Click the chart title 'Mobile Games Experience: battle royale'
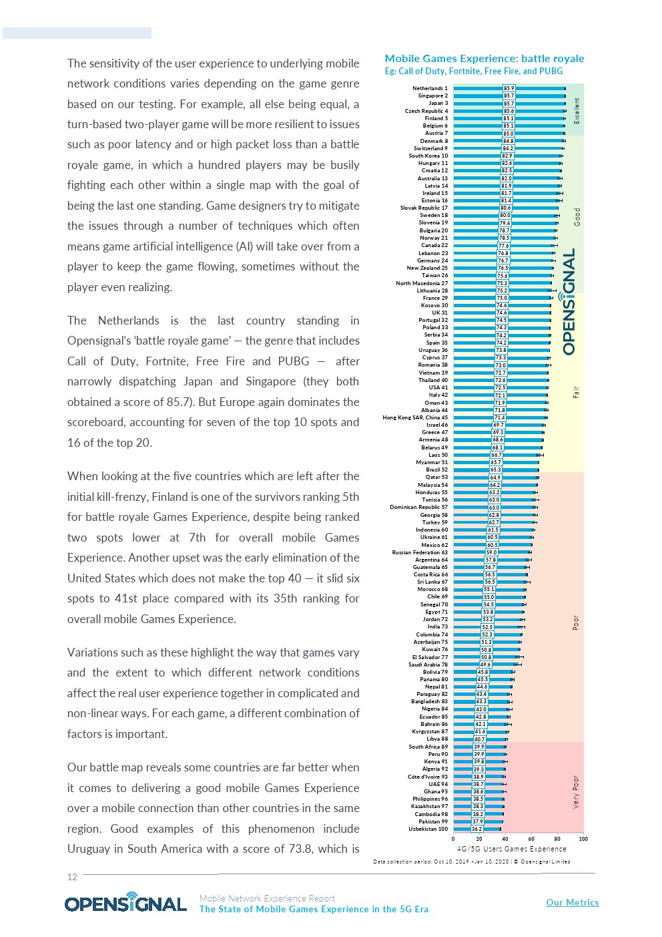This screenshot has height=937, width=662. [x=484, y=59]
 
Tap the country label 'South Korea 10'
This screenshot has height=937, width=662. [x=428, y=156]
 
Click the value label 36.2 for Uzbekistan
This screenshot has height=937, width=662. [x=477, y=829]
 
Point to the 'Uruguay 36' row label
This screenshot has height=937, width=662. [x=433, y=350]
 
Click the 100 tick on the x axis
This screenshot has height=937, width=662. [x=583, y=839]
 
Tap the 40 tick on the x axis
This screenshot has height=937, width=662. [x=505, y=839]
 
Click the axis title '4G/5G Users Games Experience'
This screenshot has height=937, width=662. [x=511, y=849]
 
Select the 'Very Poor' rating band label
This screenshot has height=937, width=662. [x=576, y=792]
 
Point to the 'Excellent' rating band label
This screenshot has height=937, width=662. [x=577, y=110]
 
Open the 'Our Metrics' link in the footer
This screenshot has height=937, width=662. [x=572, y=902]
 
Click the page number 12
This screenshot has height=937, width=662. [x=72, y=877]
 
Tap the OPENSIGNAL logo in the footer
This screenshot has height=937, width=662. [x=125, y=903]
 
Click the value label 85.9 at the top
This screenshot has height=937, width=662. [x=509, y=88]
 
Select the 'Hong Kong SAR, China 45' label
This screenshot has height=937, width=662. [x=415, y=417]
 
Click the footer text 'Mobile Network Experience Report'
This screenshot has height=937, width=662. [x=267, y=898]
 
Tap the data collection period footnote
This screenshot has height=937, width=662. [x=472, y=862]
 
